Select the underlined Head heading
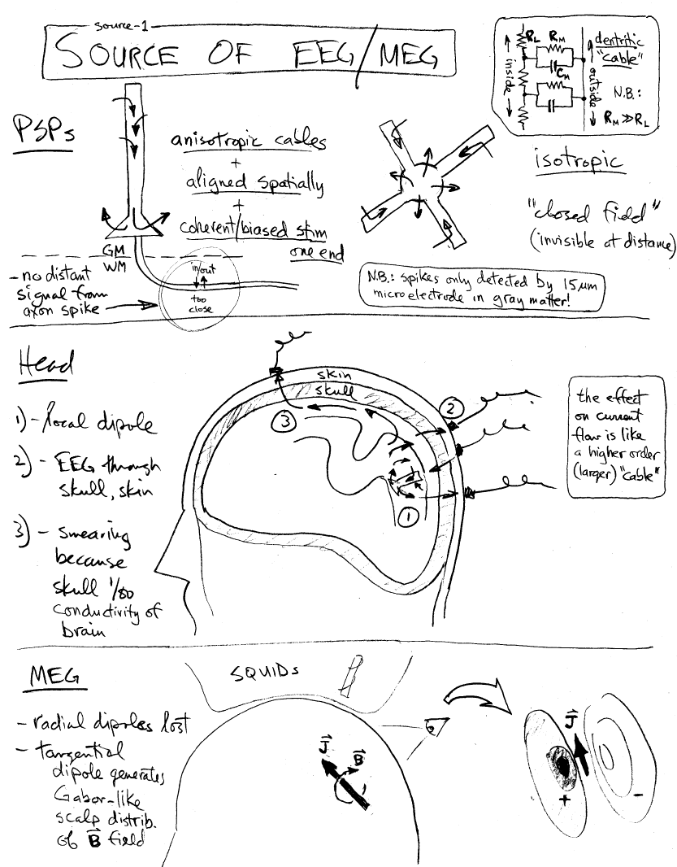pyautogui.click(x=46, y=364)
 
